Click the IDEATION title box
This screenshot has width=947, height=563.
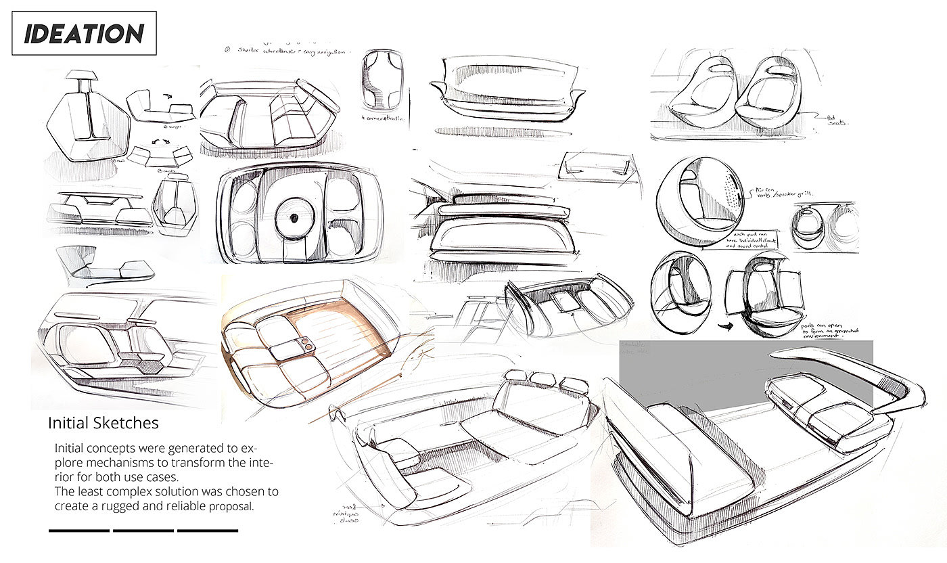84,33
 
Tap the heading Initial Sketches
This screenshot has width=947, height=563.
103,423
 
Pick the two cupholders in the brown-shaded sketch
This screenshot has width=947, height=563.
306,343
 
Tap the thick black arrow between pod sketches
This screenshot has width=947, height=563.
708,325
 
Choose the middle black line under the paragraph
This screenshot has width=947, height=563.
143,531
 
